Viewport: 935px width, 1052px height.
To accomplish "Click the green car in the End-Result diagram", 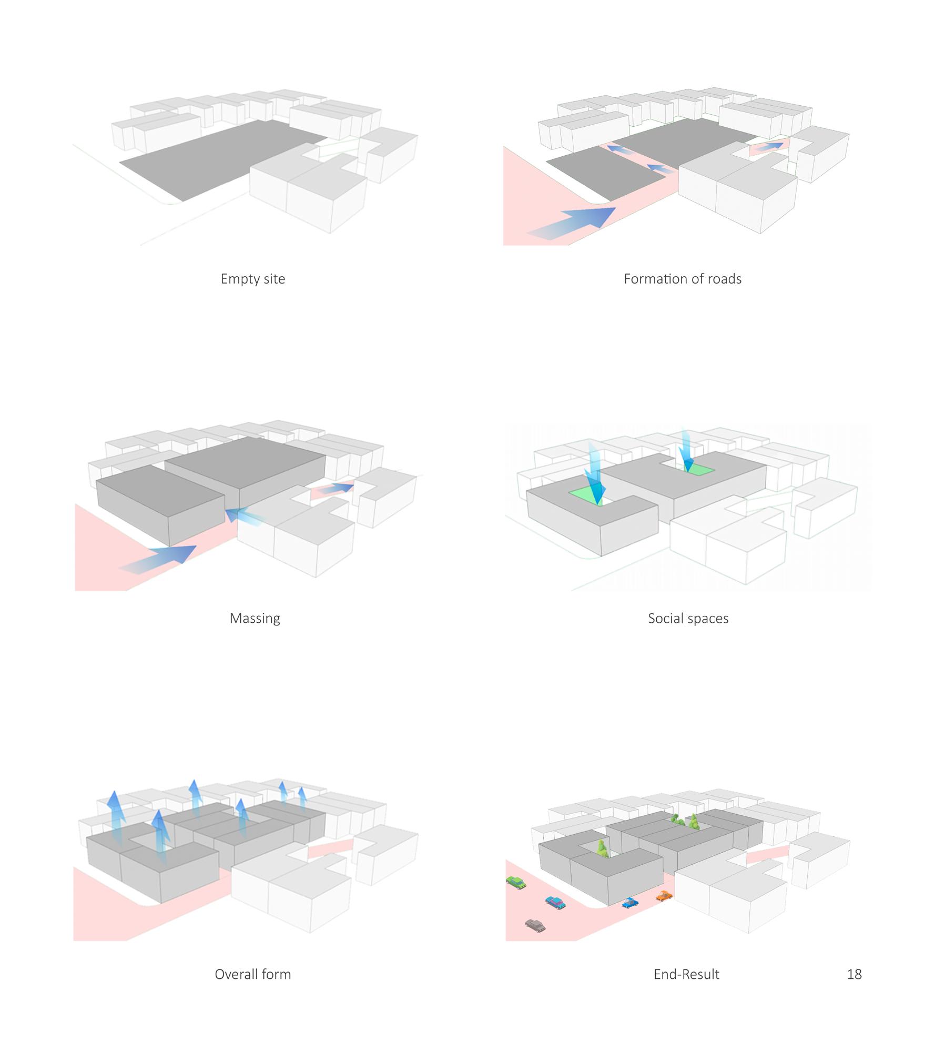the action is click(x=516, y=882).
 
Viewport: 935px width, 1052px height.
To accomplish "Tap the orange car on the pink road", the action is click(x=664, y=895).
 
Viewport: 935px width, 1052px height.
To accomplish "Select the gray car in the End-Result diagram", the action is click(x=535, y=925).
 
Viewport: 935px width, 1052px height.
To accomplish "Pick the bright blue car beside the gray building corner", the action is click(x=629, y=903).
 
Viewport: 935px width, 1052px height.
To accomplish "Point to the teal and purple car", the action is click(x=555, y=902).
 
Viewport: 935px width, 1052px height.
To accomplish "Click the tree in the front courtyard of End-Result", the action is click(x=602, y=848).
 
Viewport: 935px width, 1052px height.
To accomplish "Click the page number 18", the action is click(x=854, y=974).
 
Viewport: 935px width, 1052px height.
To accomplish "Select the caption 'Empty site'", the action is click(x=252, y=279).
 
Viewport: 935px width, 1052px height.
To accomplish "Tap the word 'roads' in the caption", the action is click(x=724, y=279).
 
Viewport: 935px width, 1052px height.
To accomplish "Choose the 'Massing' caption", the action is click(x=255, y=618).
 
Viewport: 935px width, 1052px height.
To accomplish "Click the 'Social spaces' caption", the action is click(x=688, y=618).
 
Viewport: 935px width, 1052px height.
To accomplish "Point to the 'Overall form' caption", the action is click(x=252, y=974).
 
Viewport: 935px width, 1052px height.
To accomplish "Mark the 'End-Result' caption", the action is click(x=686, y=974).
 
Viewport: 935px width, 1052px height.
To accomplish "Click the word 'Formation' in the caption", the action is click(x=654, y=279).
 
